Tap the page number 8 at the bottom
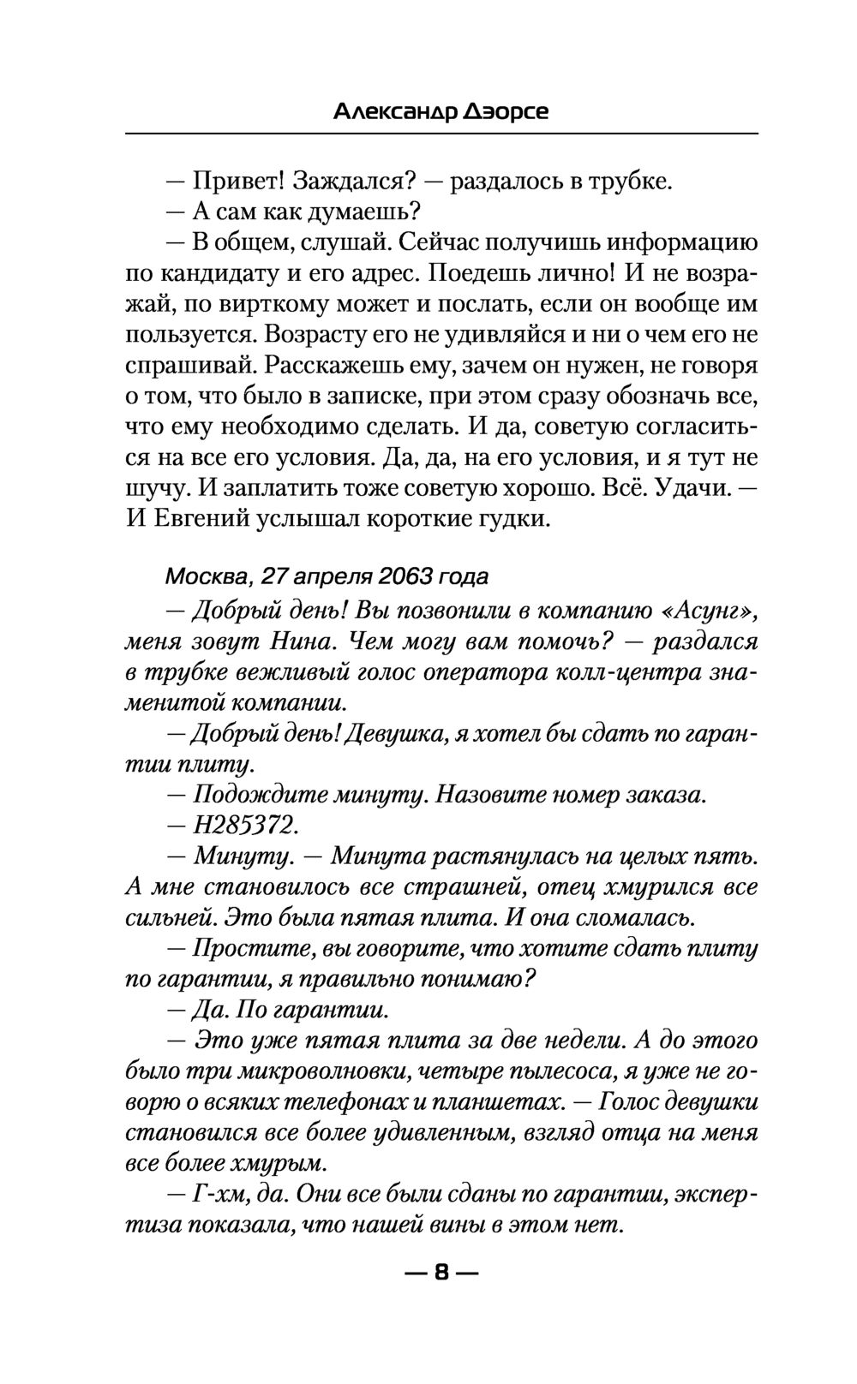click(441, 1272)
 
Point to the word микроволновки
click(329, 1071)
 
